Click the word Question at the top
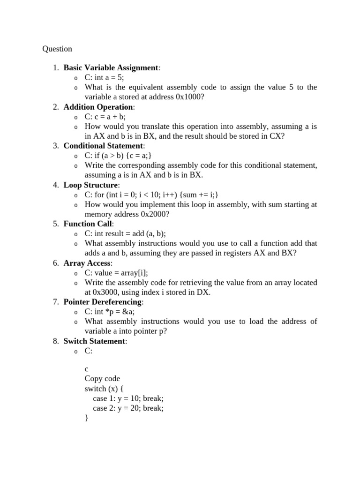(57, 49)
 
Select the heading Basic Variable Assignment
(111, 67)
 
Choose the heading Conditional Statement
(104, 145)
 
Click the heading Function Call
(88, 224)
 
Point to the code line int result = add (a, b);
(131, 233)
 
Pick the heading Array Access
(87, 263)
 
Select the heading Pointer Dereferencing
(103, 301)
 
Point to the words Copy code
(102, 379)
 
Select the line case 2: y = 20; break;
(128, 408)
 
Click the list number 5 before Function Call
(55, 224)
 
